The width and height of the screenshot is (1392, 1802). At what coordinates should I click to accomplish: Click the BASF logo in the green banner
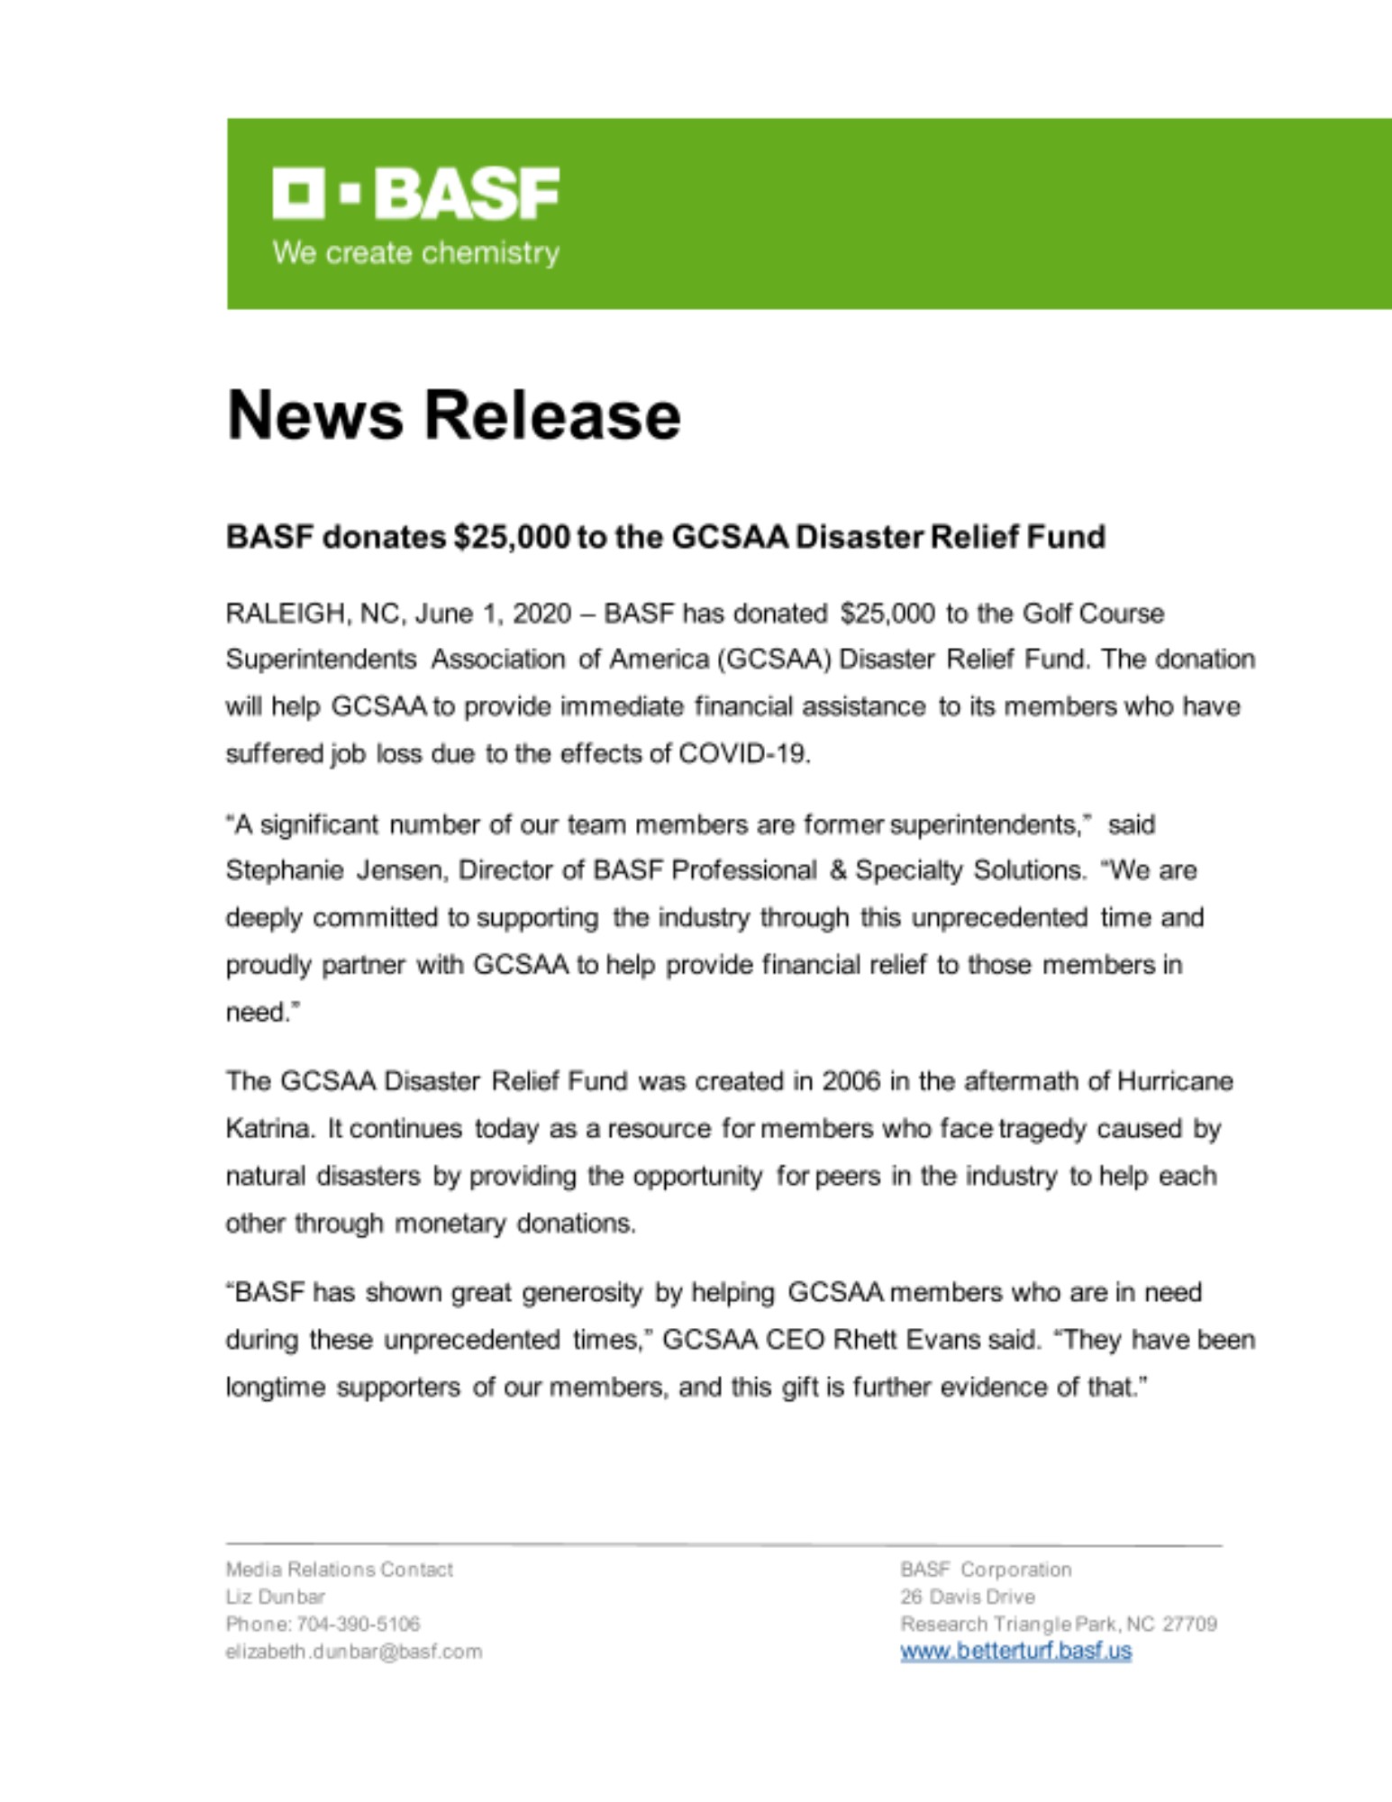click(x=415, y=193)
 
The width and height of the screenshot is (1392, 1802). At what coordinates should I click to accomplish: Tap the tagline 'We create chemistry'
click(x=415, y=252)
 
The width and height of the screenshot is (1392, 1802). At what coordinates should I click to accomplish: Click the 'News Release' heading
click(x=453, y=415)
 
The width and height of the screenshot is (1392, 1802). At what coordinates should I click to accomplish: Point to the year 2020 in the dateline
click(x=541, y=614)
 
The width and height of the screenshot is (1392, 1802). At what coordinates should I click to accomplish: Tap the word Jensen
click(x=400, y=870)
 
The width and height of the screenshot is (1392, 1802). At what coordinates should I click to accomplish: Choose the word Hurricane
click(x=1175, y=1081)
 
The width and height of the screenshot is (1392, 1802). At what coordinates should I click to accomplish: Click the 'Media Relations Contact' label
click(x=339, y=1570)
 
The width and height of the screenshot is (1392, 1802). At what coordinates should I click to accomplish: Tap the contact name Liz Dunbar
click(x=275, y=1597)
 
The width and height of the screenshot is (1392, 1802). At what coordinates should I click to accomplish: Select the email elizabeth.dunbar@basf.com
click(x=353, y=1652)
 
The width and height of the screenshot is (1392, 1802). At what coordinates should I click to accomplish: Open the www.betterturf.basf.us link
click(x=1015, y=1652)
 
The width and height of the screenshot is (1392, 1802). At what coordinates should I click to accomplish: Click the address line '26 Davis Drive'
click(x=967, y=1597)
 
